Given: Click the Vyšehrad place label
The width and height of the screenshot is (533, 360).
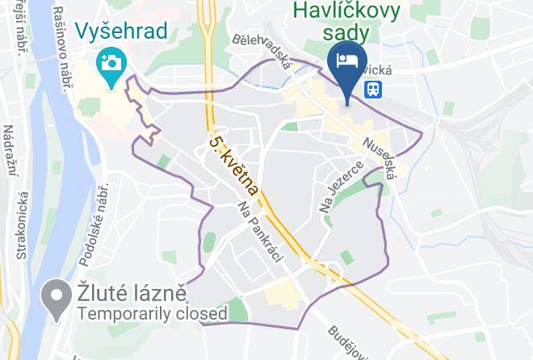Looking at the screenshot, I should [x=121, y=31].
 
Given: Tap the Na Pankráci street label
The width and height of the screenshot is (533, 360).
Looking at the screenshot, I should [x=260, y=232].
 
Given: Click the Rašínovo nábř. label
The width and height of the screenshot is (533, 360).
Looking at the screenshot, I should [x=57, y=37].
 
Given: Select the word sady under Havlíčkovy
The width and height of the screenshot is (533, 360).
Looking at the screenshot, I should [x=343, y=33].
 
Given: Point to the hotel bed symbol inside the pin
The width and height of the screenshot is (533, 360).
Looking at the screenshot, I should [x=347, y=59].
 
